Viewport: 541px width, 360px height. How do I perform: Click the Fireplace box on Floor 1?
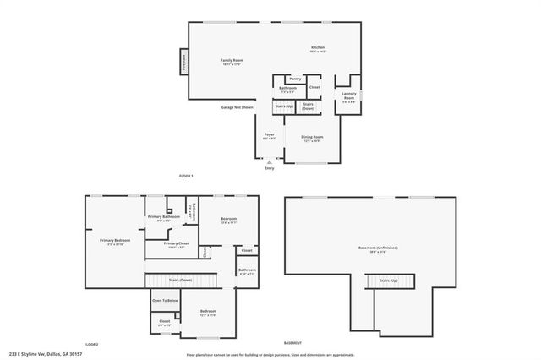[x=181, y=63]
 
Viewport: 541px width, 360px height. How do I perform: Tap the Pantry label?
[x=295, y=79]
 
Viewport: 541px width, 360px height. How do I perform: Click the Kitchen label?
[x=318, y=49]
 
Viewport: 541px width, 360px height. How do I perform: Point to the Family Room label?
[x=232, y=61]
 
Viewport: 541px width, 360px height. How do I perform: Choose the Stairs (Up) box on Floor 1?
[x=283, y=107]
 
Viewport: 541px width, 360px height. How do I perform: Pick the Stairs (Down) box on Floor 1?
[x=309, y=107]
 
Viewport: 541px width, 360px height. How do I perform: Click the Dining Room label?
[x=313, y=138]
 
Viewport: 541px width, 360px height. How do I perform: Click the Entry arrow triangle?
[x=270, y=161]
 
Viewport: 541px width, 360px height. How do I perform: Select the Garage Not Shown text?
[x=237, y=107]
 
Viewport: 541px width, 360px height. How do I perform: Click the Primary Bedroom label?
[x=115, y=241]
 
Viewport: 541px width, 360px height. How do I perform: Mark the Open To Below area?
[x=165, y=300]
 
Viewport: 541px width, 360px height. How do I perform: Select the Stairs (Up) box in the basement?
[x=388, y=280]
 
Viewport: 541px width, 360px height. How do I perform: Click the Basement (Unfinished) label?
[x=378, y=248]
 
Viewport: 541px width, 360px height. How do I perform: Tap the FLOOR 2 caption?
[x=91, y=345]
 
